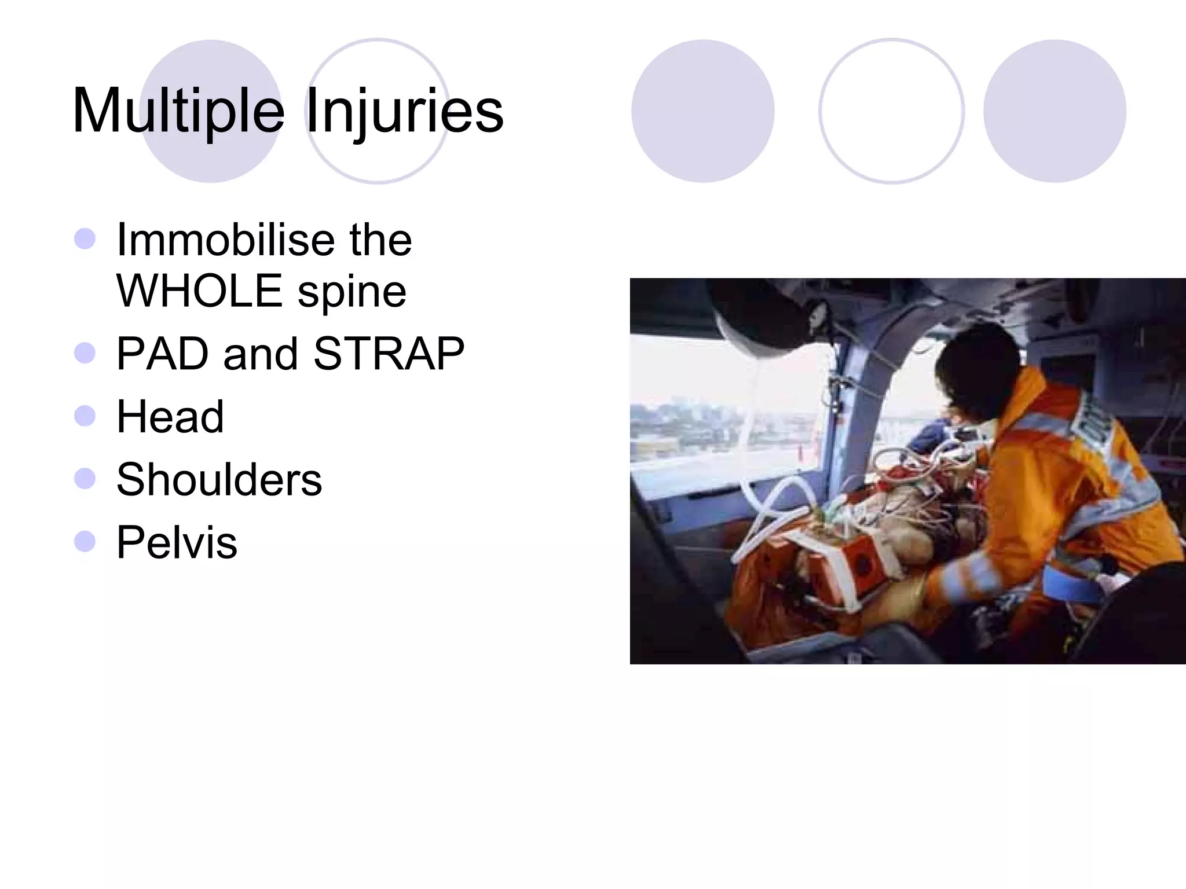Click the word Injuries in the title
404,111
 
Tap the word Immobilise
224,240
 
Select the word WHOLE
199,291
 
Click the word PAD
162,354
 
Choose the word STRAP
389,354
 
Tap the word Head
170,417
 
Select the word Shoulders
219,480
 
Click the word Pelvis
177,543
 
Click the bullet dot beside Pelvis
85,542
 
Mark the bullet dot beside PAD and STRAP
85,352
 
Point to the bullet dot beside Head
85,416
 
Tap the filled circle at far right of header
1054,111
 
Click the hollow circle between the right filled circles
891,111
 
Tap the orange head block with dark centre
863,561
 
